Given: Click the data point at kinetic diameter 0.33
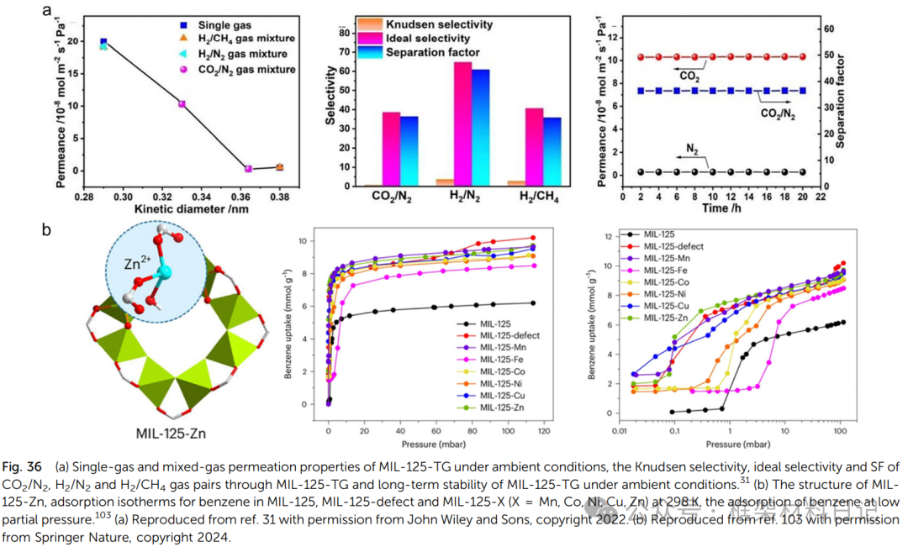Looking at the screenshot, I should point(182,104).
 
